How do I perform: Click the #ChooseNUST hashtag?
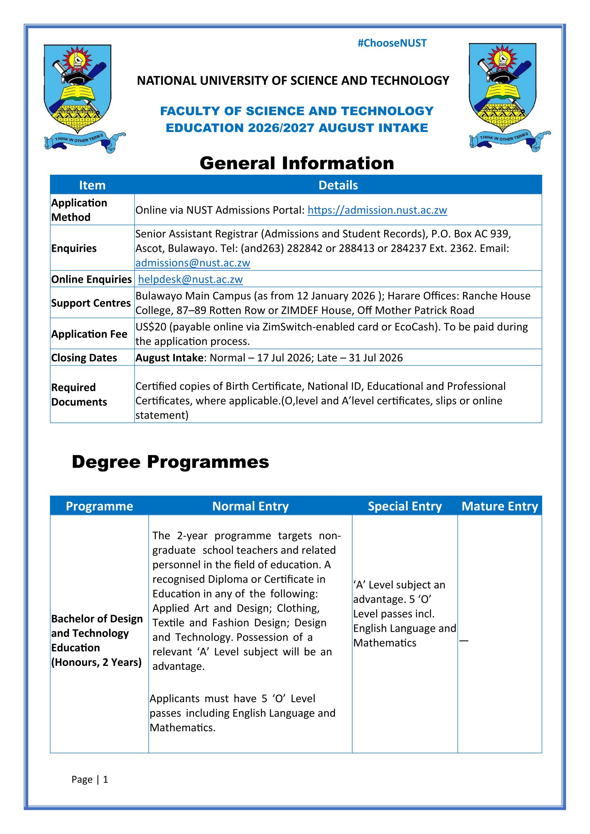click(392, 43)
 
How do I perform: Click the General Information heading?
click(297, 163)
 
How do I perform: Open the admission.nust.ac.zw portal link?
click(377, 210)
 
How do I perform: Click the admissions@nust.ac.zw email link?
click(193, 263)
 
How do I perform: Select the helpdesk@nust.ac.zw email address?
click(190, 279)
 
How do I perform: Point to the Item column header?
click(92, 185)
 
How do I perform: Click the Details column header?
click(338, 185)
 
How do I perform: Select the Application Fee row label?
click(89, 334)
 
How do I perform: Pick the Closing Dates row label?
click(84, 358)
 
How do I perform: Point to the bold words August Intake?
click(169, 358)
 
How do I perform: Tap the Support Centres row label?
click(91, 303)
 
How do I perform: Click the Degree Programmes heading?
click(171, 462)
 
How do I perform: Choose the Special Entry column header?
click(405, 506)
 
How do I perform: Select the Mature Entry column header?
click(499, 506)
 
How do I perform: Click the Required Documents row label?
click(79, 394)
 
